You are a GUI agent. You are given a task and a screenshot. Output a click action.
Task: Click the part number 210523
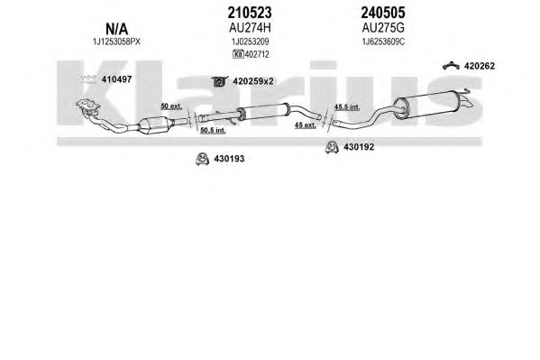click(250, 14)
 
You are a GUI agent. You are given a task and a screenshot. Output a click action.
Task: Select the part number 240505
click(383, 14)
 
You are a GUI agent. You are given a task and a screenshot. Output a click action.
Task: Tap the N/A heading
click(117, 29)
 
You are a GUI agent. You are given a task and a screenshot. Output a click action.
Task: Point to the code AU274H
click(250, 28)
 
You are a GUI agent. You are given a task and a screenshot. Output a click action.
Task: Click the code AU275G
click(383, 28)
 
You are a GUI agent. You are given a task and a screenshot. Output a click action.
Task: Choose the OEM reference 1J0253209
click(250, 42)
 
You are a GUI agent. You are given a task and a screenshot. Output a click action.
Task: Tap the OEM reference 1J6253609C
click(383, 42)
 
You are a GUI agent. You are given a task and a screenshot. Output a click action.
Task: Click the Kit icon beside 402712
click(238, 54)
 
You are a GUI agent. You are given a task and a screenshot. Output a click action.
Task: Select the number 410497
click(116, 79)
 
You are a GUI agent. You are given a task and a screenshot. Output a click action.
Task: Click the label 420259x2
click(253, 81)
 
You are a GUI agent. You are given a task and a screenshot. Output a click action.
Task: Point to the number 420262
click(480, 66)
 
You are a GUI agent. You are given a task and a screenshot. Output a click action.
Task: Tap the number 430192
click(359, 147)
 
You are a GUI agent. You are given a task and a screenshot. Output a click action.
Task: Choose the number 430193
click(229, 159)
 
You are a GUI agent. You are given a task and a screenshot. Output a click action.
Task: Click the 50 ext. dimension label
click(171, 106)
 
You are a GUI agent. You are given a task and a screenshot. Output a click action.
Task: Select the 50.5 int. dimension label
click(213, 130)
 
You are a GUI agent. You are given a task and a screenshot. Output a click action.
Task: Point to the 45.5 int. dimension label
click(347, 107)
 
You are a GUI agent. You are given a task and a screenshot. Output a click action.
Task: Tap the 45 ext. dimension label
click(305, 125)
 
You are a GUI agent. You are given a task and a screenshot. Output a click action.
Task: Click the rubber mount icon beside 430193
click(202, 159)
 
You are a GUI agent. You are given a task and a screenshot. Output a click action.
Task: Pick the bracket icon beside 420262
click(451, 65)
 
